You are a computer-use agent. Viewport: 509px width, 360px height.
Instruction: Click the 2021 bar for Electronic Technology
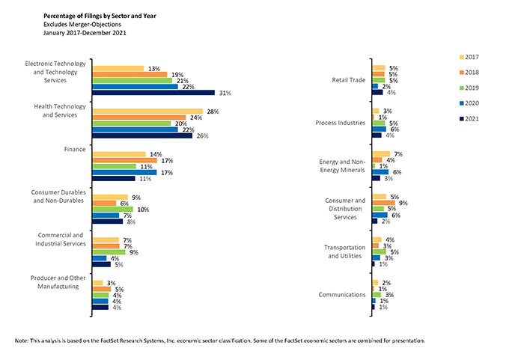pyautogui.click(x=153, y=93)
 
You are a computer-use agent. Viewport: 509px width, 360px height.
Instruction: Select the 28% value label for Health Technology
pyautogui.click(x=213, y=112)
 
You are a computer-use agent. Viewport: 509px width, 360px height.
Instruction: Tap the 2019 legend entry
pyautogui.click(x=469, y=88)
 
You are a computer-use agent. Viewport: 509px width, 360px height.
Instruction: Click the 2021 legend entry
pyautogui.click(x=469, y=119)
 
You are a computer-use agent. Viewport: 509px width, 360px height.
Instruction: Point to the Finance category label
pyautogui.click(x=75, y=150)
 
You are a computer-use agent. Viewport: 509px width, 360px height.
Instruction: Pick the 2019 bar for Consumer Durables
pyautogui.click(x=112, y=210)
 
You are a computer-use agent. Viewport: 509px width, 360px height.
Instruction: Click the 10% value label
pyautogui.click(x=143, y=210)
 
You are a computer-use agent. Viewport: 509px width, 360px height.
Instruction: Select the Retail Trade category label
pyautogui.click(x=349, y=80)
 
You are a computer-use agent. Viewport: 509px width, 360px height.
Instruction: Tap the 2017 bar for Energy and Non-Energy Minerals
pyautogui.click(x=381, y=154)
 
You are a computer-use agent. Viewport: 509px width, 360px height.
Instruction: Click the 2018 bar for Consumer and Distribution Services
pyautogui.click(x=383, y=203)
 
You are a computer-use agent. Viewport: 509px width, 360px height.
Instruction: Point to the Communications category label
pyautogui.click(x=342, y=295)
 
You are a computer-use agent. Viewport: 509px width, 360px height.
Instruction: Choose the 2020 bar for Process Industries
pyautogui.click(x=380, y=129)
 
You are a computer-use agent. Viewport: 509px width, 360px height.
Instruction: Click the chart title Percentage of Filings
pyautogui.click(x=100, y=16)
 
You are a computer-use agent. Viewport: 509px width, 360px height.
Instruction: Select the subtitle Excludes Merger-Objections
pyautogui.click(x=82, y=25)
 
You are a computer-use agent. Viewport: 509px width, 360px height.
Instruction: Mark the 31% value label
pyautogui.click(x=225, y=93)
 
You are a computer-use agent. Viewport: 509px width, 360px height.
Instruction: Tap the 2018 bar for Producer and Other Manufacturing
pyautogui.click(x=102, y=289)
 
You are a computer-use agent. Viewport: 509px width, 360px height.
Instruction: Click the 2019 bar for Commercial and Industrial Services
pyautogui.click(x=109, y=252)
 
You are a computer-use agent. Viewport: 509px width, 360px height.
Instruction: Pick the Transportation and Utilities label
pyautogui.click(x=345, y=251)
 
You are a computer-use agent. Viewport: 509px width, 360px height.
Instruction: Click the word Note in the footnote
pyautogui.click(x=22, y=341)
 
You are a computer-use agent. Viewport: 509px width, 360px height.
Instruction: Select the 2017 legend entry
pyautogui.click(x=469, y=57)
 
